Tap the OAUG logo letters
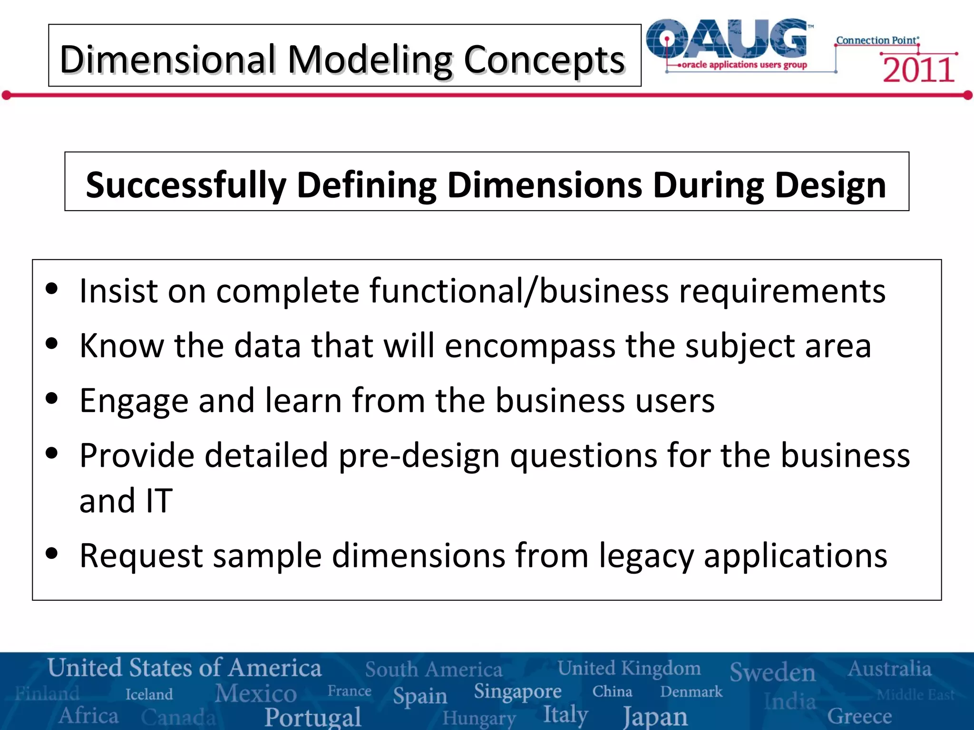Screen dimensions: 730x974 (x=728, y=39)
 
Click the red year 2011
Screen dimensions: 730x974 (x=918, y=70)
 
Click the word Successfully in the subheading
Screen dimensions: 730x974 (x=186, y=185)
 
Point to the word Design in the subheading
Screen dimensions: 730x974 (x=830, y=185)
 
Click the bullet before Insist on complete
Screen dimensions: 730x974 (x=52, y=288)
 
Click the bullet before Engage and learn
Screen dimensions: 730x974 (x=52, y=398)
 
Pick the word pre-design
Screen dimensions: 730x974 (x=419, y=455)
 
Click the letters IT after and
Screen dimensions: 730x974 (x=159, y=501)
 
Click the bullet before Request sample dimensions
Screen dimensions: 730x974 (x=52, y=553)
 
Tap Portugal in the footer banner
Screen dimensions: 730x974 (x=313, y=717)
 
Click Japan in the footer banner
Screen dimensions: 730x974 (x=655, y=716)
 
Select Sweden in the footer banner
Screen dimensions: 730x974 (x=772, y=672)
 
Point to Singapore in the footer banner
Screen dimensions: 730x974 (x=517, y=692)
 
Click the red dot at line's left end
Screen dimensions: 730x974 (x=7, y=96)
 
